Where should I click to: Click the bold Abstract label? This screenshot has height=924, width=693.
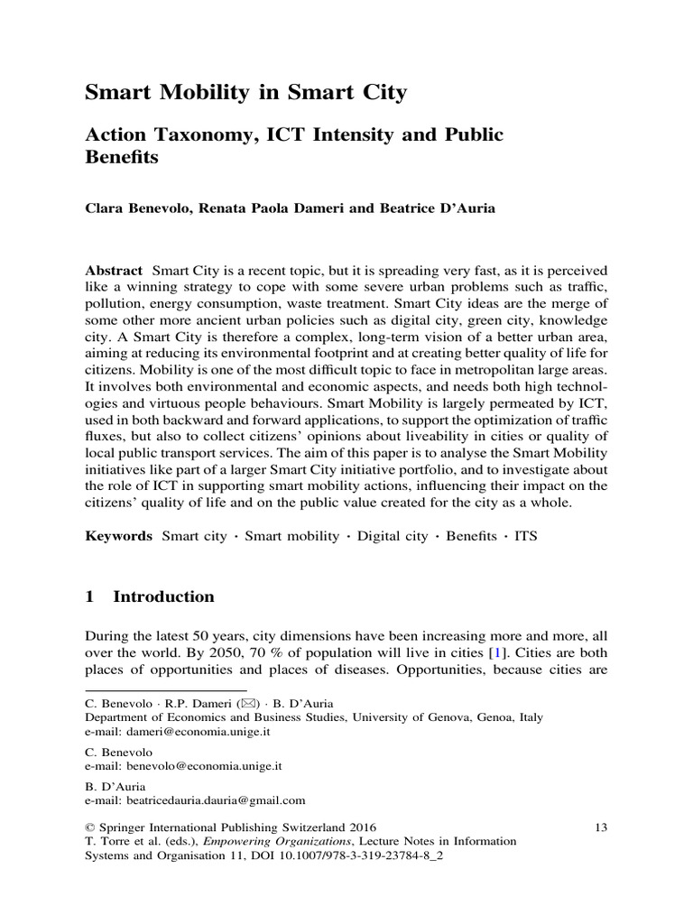point(114,271)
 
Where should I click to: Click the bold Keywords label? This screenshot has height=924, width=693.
point(118,535)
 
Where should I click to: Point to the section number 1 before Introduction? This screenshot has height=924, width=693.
point(89,596)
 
